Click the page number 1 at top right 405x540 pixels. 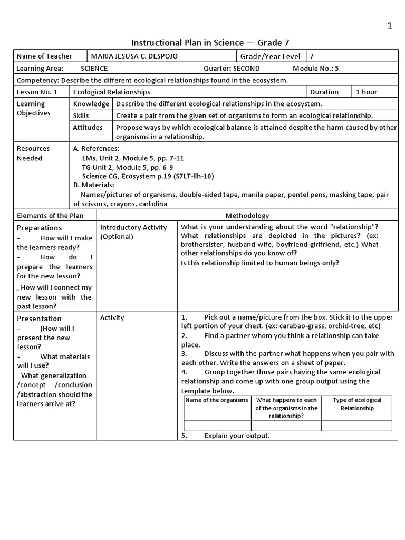(390, 26)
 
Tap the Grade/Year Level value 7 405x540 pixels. (312, 56)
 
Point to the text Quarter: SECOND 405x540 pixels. (232, 69)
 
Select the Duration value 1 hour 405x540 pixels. (367, 92)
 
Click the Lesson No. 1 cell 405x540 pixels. (37, 92)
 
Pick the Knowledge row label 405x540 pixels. (91, 104)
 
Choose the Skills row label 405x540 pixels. (81, 115)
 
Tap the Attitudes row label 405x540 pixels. (88, 127)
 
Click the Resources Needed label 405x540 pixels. (33, 153)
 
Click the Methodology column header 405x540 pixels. (247, 215)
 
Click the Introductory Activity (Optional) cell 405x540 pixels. (133, 232)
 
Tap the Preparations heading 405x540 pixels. (40, 228)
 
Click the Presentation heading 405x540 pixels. (40, 319)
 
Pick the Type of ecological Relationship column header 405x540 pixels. (356, 404)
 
